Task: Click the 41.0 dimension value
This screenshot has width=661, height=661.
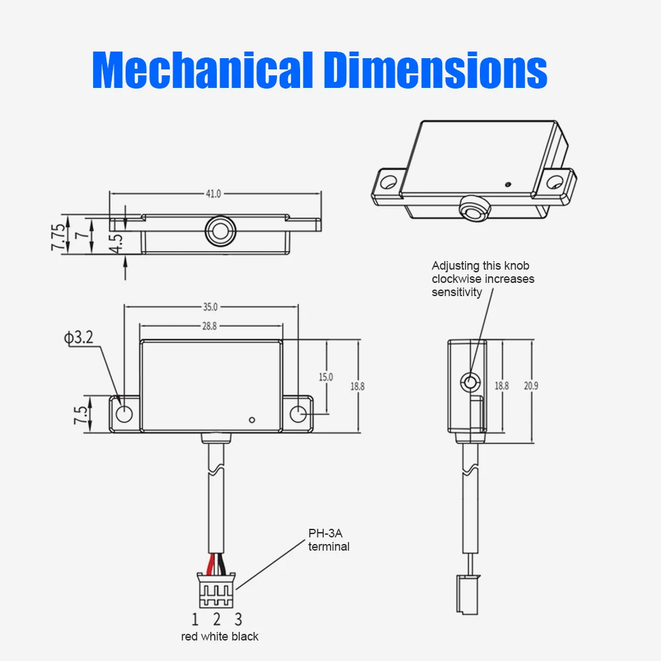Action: [x=214, y=194]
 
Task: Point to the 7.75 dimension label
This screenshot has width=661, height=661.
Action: [x=59, y=238]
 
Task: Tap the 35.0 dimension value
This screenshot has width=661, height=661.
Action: [x=210, y=307]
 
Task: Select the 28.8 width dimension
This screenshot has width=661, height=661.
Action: [x=210, y=326]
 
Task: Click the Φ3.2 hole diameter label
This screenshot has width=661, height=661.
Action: [x=79, y=338]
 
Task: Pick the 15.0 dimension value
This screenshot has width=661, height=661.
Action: [x=326, y=377]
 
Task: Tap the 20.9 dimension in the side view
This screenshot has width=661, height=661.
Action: [x=531, y=386]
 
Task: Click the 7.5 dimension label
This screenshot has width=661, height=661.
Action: [x=81, y=415]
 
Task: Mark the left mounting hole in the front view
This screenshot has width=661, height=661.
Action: [x=124, y=414]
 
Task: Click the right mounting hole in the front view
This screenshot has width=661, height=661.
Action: [x=298, y=414]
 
